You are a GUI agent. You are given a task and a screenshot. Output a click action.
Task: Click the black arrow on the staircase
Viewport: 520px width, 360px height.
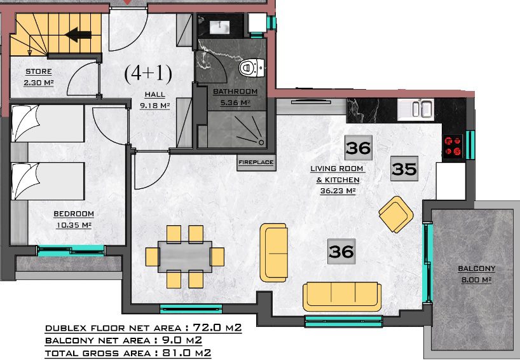(78, 34)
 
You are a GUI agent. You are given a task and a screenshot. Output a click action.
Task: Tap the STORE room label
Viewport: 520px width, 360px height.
(39, 71)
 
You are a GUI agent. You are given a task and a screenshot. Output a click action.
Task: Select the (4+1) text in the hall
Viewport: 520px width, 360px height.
(148, 73)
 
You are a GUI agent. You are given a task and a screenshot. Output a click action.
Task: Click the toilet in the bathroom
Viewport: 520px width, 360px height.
(251, 68)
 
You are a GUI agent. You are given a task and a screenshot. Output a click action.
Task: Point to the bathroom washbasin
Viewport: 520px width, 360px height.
(219, 27)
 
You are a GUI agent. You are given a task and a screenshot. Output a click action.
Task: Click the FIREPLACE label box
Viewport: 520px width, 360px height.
(256, 163)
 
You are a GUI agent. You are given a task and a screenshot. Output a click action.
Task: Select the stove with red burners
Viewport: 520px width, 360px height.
(453, 146)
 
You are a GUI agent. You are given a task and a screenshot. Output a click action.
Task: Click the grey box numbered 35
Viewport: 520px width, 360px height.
(404, 169)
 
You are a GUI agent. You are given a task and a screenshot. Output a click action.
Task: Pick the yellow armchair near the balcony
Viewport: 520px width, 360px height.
(396, 214)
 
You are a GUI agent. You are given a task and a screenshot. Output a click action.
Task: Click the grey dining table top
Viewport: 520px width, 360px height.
(185, 256)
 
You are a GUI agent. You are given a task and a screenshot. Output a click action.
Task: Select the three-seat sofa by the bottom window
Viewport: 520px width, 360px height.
(342, 296)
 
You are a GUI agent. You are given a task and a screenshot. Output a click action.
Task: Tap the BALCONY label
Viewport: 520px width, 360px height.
(476, 268)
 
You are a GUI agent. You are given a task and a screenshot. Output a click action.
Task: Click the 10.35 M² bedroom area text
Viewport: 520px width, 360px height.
(74, 225)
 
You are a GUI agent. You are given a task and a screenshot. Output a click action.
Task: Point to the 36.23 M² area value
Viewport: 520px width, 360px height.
(338, 191)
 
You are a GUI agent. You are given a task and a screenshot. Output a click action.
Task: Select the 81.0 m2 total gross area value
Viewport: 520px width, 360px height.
(186, 353)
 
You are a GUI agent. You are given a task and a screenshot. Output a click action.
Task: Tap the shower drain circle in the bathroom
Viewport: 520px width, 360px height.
(261, 142)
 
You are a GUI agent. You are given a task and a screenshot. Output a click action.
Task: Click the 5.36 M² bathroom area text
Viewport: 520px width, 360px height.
(235, 103)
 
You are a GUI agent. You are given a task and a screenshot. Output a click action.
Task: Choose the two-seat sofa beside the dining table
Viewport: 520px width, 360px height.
(273, 253)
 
